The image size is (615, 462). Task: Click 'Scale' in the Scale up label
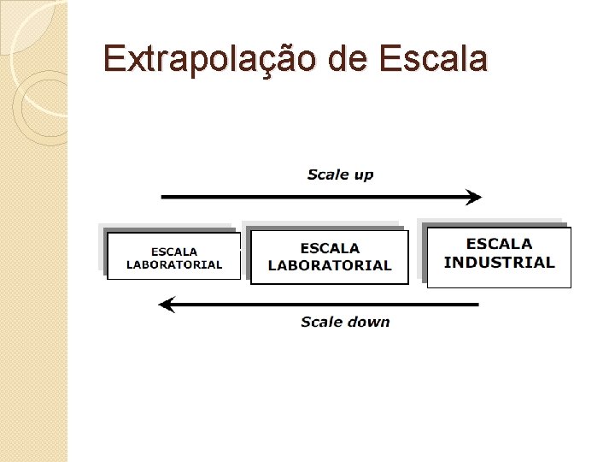[327, 175]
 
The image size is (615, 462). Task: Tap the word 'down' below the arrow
[369, 322]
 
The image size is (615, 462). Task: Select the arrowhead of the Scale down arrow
[167, 304]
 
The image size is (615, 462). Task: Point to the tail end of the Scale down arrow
[476, 304]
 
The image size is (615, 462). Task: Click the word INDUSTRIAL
[499, 263]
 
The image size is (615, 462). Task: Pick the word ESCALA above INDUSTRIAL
[499, 245]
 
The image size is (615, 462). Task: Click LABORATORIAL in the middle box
[330, 265]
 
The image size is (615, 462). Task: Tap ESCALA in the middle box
[330, 248]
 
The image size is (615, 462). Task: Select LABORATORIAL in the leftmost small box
[174, 264]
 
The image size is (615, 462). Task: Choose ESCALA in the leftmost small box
[174, 252]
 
